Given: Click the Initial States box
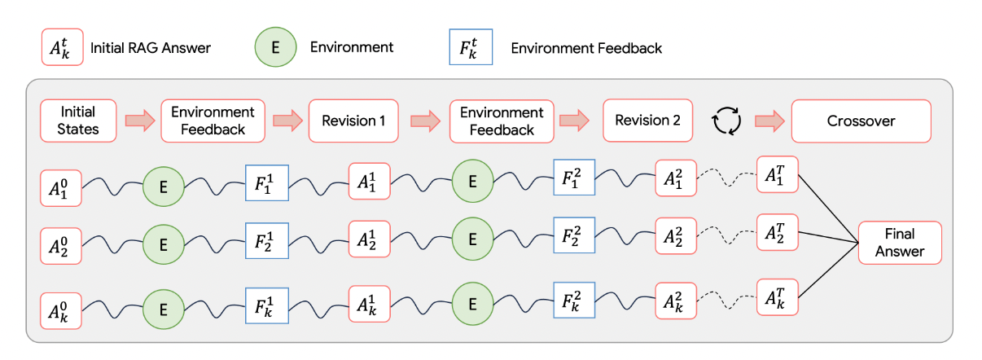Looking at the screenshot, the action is click(78, 121).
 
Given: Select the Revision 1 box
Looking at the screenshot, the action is click(353, 121).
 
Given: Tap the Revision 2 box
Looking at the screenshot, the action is click(647, 121).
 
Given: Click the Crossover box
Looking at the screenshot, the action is click(861, 121).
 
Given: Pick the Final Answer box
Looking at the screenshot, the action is click(900, 243).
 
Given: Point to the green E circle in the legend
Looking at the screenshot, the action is click(276, 47).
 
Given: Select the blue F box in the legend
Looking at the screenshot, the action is click(471, 47).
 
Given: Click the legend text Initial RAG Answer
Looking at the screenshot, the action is click(151, 48).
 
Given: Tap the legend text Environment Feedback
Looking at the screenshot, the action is click(586, 48).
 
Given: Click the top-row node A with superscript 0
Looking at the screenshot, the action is click(61, 188).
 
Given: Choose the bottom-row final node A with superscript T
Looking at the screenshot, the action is click(778, 296).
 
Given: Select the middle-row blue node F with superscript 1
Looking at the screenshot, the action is click(267, 241).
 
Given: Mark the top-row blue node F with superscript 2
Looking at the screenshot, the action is click(574, 178).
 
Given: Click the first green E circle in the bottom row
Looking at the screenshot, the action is click(164, 310).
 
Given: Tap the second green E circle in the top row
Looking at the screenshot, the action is click(472, 181).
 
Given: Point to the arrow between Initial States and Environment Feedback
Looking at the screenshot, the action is click(140, 121).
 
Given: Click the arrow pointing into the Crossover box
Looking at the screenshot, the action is click(769, 121).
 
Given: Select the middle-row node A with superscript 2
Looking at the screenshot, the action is click(676, 236).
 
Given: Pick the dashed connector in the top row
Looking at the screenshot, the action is click(727, 177).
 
